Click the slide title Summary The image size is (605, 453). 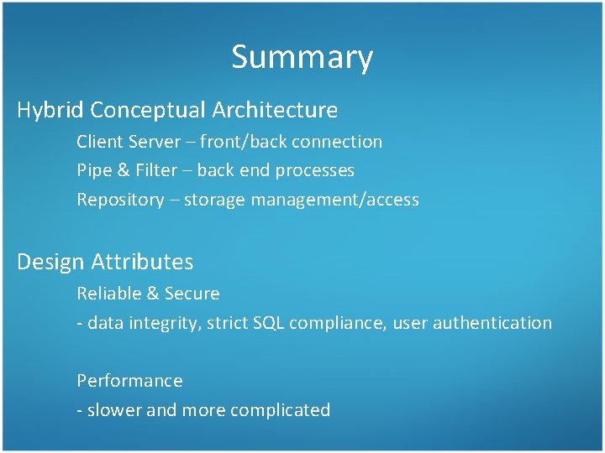click(x=302, y=57)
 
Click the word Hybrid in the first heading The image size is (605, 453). click(x=50, y=110)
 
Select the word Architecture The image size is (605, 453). click(x=275, y=110)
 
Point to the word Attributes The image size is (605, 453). click(x=141, y=262)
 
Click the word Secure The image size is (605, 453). click(x=192, y=294)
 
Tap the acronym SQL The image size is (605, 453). click(x=268, y=323)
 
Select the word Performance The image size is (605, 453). click(x=129, y=381)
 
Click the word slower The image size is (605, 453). click(x=114, y=410)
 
